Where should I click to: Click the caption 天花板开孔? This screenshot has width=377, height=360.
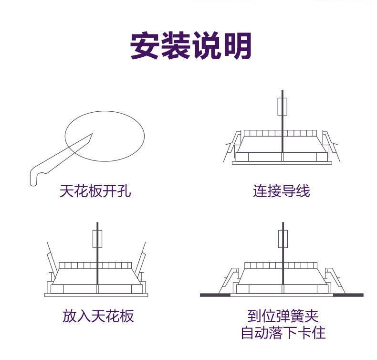[x=95, y=191]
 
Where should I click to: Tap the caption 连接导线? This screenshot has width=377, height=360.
[x=281, y=191]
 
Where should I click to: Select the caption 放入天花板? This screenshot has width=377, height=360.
[x=98, y=316]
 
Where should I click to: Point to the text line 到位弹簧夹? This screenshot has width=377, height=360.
[x=283, y=316]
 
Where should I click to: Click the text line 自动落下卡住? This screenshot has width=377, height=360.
[x=283, y=333]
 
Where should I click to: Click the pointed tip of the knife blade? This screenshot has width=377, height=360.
[x=92, y=134]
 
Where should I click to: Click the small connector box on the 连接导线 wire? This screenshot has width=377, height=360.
[x=282, y=107]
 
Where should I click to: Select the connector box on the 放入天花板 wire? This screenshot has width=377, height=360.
[x=97, y=239]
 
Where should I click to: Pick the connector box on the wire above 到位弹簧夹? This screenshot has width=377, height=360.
[x=283, y=239]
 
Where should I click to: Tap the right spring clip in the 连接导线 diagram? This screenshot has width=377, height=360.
[x=331, y=146]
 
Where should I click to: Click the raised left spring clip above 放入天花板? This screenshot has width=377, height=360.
[x=51, y=263]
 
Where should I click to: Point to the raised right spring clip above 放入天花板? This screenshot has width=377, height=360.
[x=141, y=262]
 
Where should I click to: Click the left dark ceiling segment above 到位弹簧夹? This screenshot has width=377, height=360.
[x=215, y=295]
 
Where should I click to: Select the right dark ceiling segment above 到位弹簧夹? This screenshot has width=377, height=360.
[x=348, y=295]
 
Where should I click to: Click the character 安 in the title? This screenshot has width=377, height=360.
[x=144, y=45]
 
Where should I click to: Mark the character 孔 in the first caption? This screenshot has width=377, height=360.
[x=124, y=191]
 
